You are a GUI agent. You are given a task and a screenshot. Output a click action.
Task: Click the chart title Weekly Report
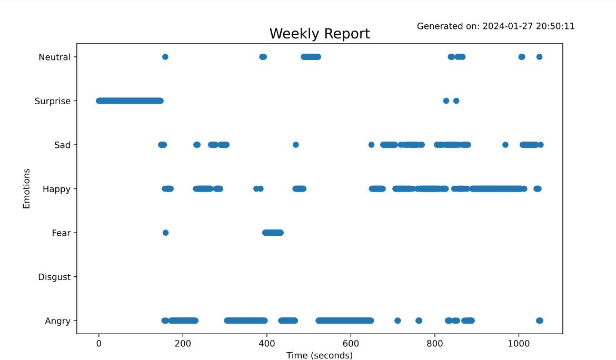click(320, 34)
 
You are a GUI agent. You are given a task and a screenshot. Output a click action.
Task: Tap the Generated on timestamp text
click(495, 26)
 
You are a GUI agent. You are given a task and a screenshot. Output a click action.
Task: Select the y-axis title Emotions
click(26, 188)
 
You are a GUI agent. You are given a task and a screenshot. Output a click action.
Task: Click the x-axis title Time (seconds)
click(320, 355)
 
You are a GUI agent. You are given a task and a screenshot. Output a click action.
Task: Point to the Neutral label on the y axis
click(54, 57)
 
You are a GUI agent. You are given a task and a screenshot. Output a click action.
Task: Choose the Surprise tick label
click(52, 101)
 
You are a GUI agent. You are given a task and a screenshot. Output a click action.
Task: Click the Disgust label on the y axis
click(54, 277)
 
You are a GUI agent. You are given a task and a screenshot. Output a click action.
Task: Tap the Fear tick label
click(61, 233)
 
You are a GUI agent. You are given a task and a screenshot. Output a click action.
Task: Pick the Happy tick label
click(56, 189)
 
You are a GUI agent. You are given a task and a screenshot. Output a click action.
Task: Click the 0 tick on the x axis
click(98, 344)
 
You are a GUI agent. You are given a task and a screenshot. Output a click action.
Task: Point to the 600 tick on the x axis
click(351, 344)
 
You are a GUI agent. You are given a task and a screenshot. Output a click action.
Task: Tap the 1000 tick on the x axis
click(519, 344)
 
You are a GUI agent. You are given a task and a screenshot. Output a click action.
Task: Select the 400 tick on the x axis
click(266, 344)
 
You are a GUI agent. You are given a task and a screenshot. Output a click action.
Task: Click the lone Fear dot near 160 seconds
click(165, 233)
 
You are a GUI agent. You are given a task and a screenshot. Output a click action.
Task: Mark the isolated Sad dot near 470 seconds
click(295, 145)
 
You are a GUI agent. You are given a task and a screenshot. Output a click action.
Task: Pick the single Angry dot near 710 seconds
click(398, 321)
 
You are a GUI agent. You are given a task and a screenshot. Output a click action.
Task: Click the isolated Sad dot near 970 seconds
click(505, 145)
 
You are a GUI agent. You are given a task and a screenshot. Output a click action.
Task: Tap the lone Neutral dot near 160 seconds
click(165, 57)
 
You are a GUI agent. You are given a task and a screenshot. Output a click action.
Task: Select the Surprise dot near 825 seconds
click(446, 101)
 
